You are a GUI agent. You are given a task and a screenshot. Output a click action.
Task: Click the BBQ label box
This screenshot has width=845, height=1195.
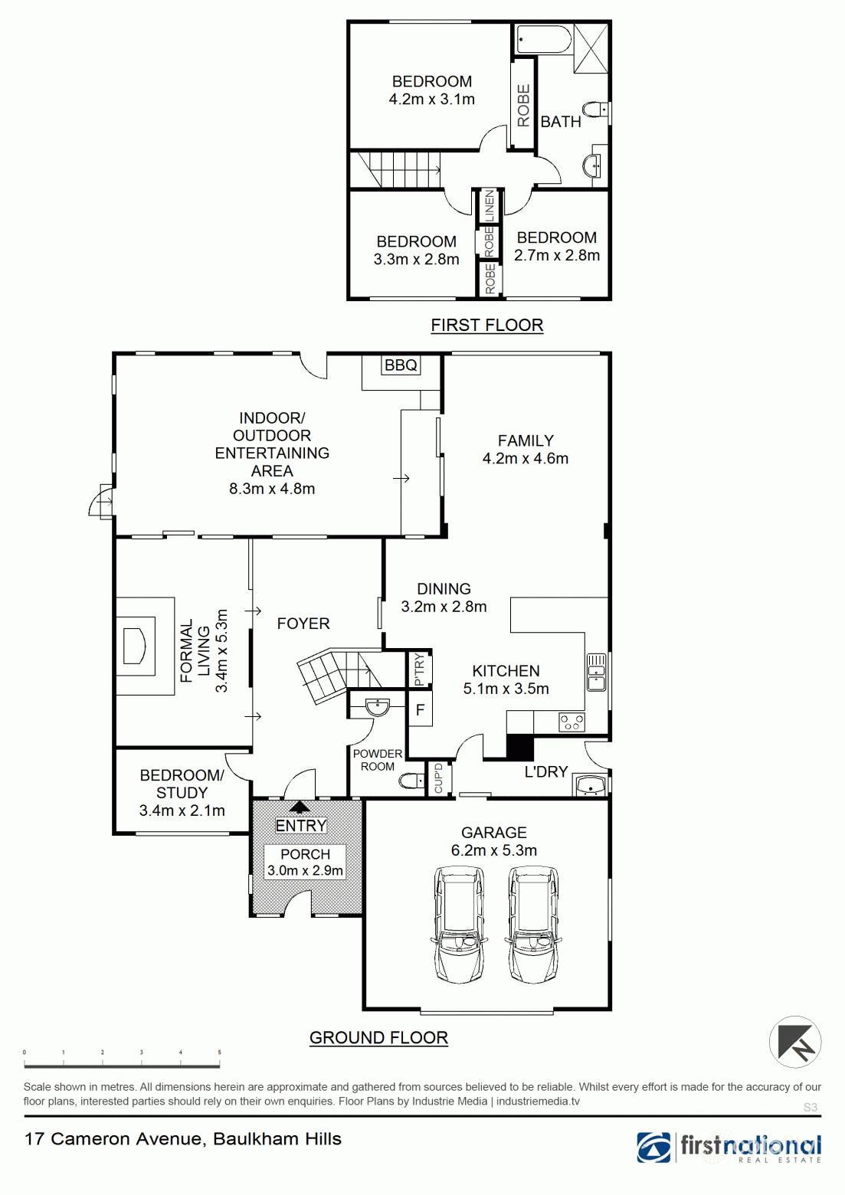pos(401,365)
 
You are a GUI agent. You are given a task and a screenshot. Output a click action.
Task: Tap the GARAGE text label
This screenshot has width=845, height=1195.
pos(494,832)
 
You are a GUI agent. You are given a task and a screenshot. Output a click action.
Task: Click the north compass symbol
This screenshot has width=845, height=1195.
pos(795,1042)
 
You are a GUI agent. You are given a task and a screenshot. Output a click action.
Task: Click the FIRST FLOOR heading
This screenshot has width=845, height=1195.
pos(487,325)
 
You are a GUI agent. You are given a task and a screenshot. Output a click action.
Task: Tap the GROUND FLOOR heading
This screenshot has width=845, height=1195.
pos(378,1038)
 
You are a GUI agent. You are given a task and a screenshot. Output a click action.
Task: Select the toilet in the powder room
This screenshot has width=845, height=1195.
pos(411,781)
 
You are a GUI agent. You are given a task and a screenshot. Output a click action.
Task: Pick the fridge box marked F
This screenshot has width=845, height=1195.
pos(420,709)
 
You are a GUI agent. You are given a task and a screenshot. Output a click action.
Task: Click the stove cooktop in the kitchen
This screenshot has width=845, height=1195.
pos(572,722)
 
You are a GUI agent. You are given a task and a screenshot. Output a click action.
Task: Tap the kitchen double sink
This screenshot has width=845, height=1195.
pos(597,671)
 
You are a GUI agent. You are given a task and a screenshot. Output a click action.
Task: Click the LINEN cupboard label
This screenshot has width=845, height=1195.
pos(490,206)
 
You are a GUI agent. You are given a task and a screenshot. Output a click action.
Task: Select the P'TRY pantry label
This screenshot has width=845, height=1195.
pos(419,670)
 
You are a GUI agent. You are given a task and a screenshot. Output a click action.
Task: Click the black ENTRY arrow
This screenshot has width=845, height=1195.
pos(300,807)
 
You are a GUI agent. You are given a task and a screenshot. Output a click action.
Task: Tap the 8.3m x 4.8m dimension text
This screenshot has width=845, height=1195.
pos(272,489)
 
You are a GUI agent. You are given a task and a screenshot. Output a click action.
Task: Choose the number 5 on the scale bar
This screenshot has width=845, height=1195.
pos(219,1053)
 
